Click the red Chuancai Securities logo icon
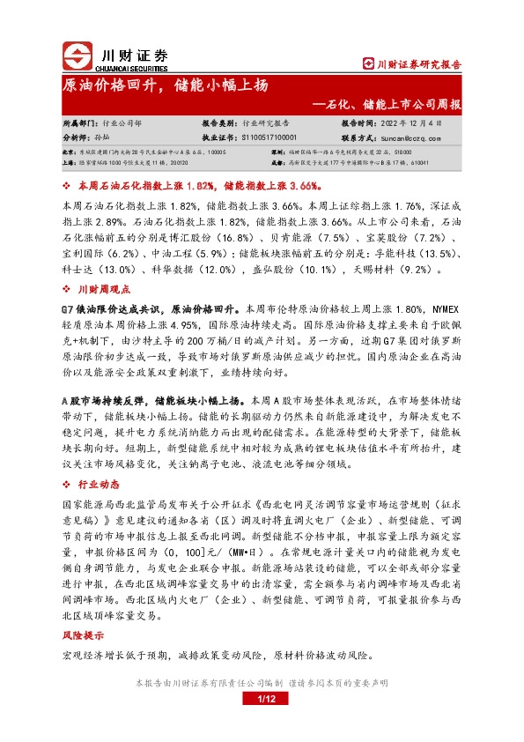(x=77, y=55)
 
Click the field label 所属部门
(x=81, y=124)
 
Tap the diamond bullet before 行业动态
(x=68, y=484)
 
